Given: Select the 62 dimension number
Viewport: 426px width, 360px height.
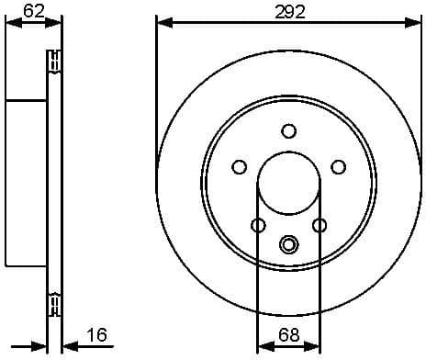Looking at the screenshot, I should (33, 12).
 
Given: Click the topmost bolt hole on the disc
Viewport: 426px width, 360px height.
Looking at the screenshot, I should (288, 130).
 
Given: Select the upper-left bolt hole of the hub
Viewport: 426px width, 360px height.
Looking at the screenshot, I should (240, 166).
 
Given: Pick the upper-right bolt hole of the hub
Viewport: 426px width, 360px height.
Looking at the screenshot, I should (338, 166).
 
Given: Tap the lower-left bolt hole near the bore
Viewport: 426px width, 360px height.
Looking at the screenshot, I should (258, 225).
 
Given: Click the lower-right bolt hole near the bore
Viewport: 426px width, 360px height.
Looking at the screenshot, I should (319, 225).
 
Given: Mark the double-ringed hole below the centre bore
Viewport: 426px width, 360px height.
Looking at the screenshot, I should (288, 244).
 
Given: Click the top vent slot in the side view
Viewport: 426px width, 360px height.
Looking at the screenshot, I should (53, 62).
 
